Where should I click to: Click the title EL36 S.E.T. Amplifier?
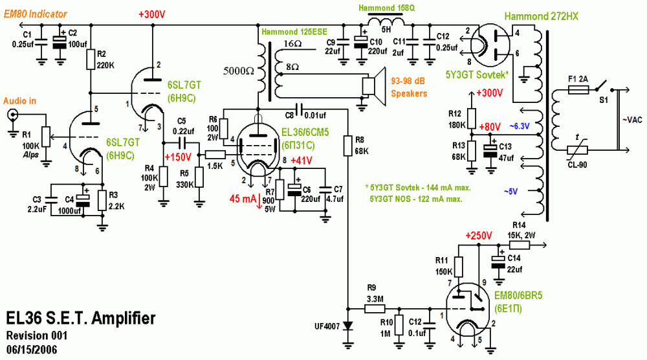pos(80,319)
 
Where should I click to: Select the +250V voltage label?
pos(479,234)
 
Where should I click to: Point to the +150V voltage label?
pos(179,157)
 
